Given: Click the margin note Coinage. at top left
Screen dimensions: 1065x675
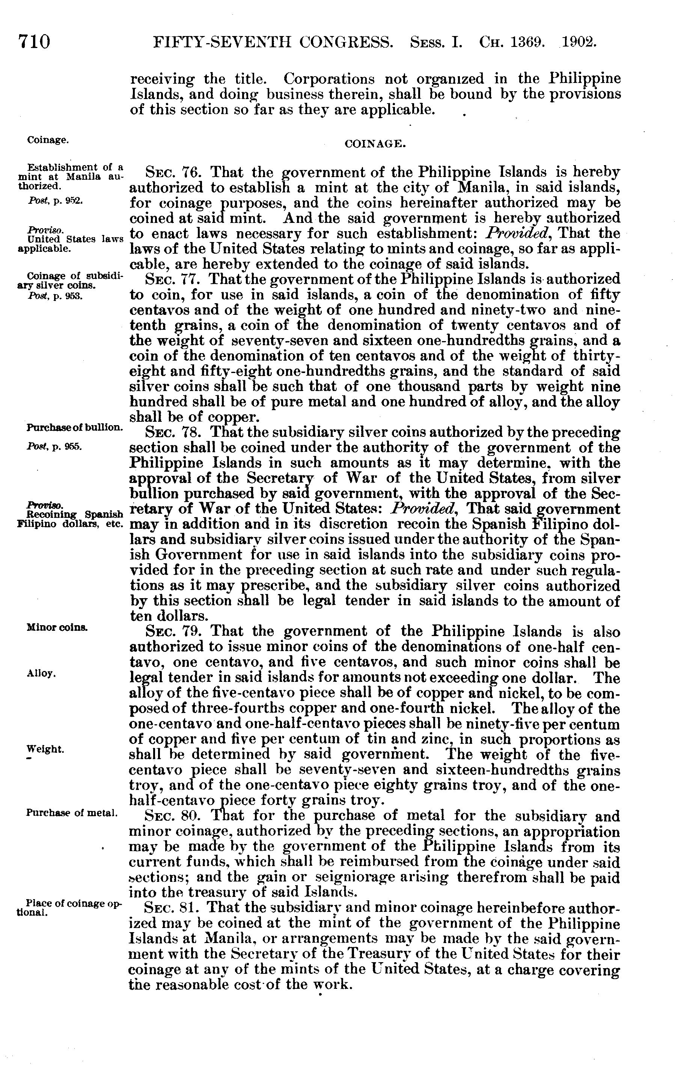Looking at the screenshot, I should pos(47,140).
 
